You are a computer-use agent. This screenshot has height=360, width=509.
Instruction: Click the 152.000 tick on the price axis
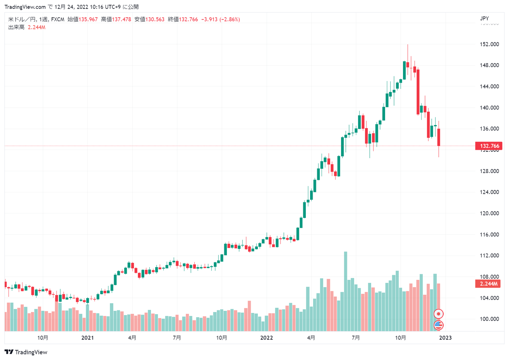point(489,44)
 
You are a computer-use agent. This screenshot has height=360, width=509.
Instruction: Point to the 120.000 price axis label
point(489,213)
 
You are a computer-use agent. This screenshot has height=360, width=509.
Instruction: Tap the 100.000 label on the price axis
point(489,319)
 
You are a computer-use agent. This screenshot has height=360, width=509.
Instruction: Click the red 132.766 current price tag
point(489,146)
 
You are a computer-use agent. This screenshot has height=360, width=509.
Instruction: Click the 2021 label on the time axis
point(87,338)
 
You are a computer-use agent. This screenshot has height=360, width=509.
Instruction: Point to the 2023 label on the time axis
point(445,338)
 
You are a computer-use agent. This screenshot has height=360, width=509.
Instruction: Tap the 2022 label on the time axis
point(266,338)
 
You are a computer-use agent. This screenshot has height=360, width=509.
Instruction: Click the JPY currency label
point(484,19)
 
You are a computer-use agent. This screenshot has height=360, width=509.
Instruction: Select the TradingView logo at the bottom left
point(26,352)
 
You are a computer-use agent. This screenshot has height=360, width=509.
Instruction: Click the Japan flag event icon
point(439,314)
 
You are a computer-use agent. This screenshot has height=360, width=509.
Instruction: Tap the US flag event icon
point(439,325)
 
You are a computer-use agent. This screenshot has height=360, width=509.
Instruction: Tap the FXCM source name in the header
point(57,19)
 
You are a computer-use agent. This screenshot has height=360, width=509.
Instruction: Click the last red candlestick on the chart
point(439,137)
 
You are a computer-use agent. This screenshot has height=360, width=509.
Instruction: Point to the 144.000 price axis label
point(489,87)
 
